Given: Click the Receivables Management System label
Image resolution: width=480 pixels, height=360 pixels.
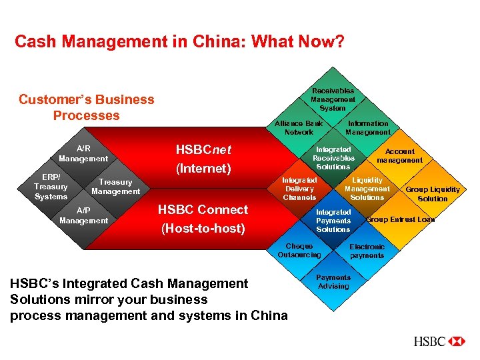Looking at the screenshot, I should [x=333, y=99].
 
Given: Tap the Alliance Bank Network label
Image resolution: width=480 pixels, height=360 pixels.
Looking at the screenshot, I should [x=299, y=128].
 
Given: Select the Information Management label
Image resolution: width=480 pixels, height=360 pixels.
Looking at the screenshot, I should [x=367, y=128].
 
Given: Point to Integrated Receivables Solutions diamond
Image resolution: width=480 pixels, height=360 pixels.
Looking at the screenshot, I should [x=333, y=158].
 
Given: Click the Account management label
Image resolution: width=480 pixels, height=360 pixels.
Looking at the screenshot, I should [x=399, y=156].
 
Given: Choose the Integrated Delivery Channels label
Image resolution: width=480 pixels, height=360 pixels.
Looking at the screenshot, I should [x=299, y=189].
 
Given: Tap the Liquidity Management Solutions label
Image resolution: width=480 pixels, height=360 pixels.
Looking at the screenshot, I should [x=367, y=189].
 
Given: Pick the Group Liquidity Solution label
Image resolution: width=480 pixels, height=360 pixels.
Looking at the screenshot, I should [x=433, y=194].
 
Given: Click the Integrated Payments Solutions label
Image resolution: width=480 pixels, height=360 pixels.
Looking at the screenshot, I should [x=333, y=221].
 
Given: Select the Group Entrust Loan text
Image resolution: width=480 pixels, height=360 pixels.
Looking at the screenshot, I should [x=401, y=219].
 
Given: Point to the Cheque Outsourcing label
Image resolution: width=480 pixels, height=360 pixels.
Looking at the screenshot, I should [x=299, y=251].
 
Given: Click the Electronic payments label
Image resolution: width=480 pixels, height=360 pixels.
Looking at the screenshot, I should [x=367, y=251].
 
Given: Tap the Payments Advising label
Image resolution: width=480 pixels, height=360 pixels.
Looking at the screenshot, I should [x=333, y=282].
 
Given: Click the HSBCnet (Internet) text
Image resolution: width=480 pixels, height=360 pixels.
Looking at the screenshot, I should [x=203, y=159].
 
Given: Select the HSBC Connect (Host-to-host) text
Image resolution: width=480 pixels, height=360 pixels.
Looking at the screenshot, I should [x=203, y=219].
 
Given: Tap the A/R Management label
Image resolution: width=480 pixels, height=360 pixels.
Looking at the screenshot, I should [x=83, y=154].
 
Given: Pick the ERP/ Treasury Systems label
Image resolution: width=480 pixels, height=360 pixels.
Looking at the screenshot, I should [x=51, y=187].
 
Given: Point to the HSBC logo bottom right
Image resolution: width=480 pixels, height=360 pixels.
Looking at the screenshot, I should [x=439, y=341].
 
